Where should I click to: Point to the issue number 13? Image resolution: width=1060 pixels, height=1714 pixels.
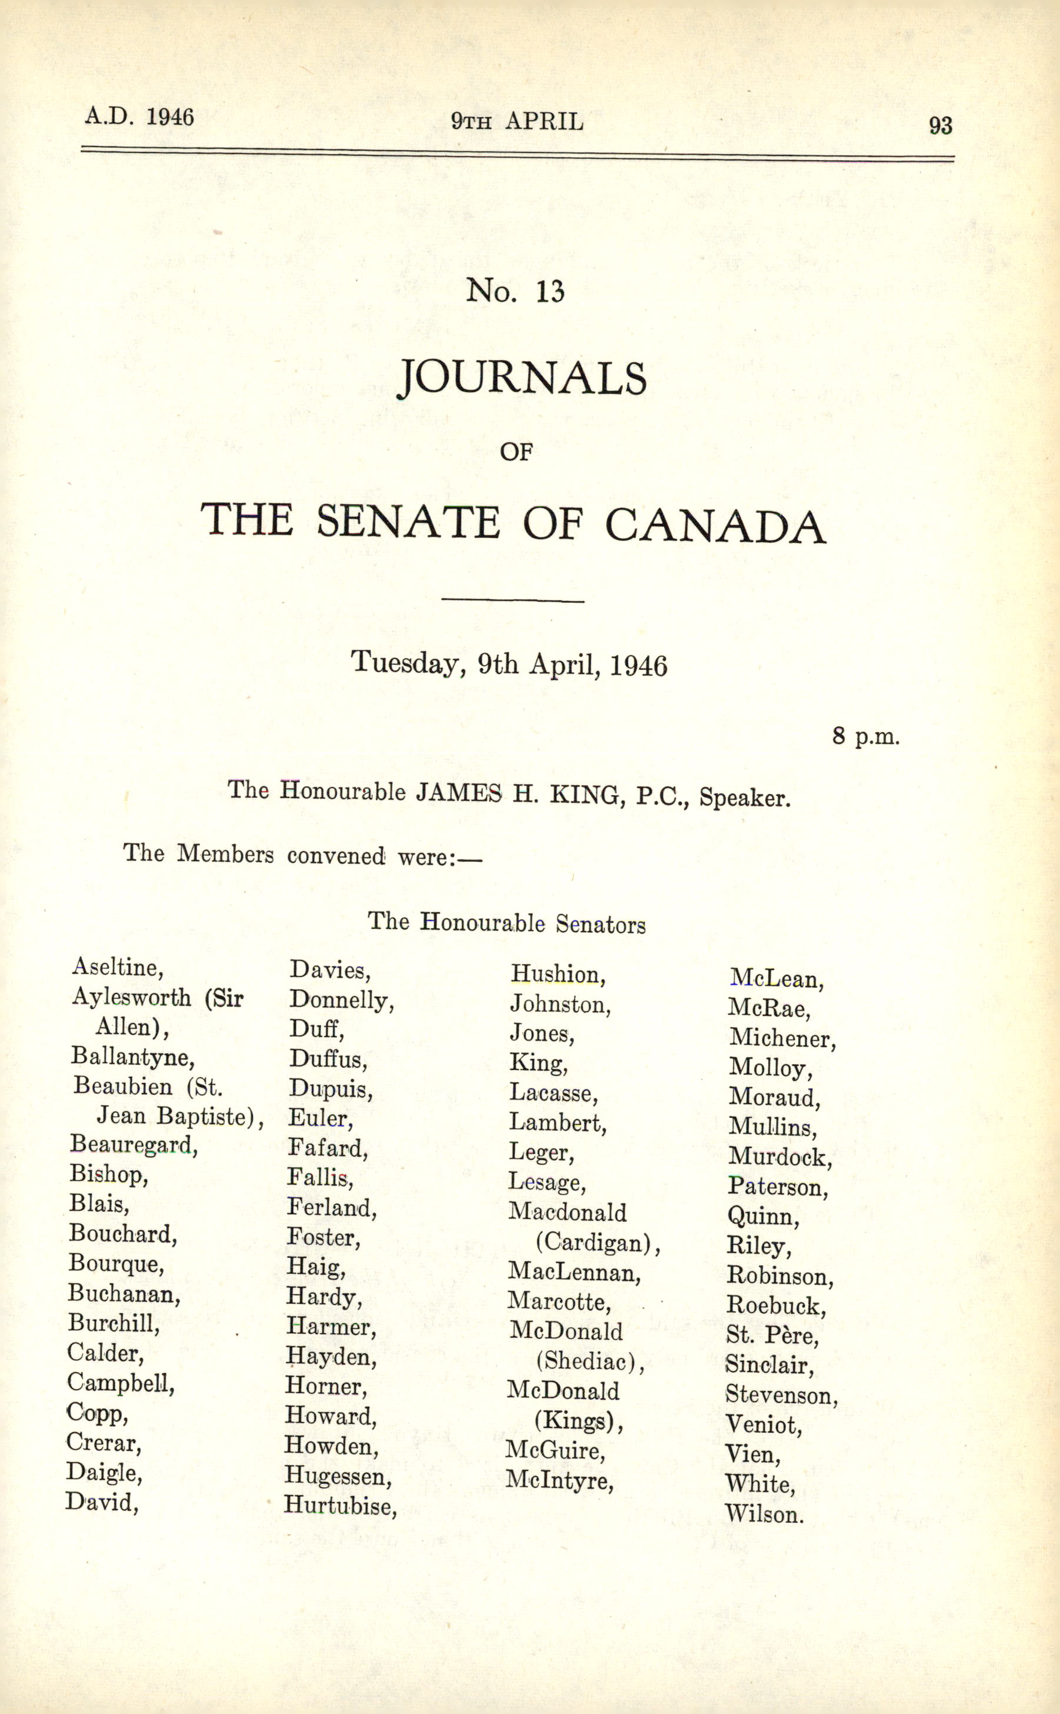(551, 291)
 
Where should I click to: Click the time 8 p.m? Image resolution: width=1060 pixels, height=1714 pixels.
(866, 736)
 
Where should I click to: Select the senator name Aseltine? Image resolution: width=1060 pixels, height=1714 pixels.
(117, 968)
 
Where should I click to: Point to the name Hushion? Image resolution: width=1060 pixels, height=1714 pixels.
(557, 974)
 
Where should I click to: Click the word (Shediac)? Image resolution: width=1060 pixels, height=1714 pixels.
(589, 1361)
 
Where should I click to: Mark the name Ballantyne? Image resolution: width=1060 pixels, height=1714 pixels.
(132, 1057)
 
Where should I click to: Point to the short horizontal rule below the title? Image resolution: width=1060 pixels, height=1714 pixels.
(512, 600)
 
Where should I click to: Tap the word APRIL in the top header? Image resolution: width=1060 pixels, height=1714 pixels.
(544, 122)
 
